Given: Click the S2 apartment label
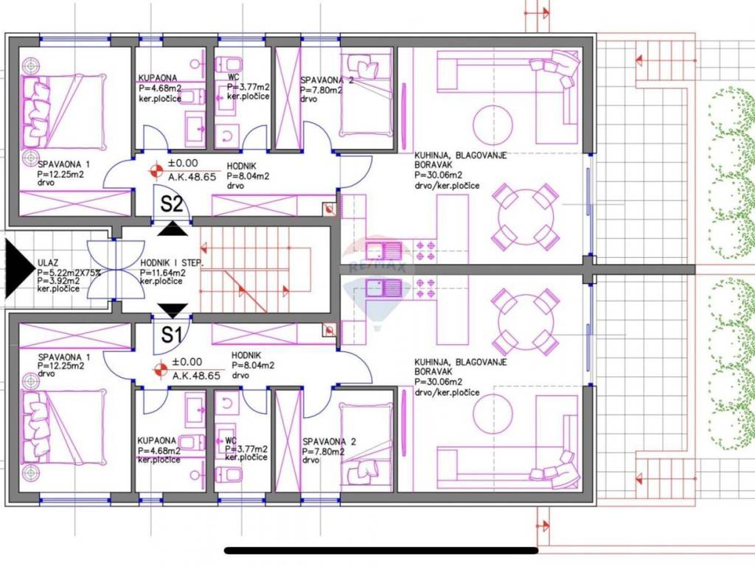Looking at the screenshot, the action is tap(171, 204).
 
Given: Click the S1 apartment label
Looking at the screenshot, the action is tap(171, 335).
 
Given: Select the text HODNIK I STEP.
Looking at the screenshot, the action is tap(172, 263).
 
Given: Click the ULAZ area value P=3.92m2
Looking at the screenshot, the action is tap(59, 281).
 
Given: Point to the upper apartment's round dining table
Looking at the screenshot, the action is tap(524, 216).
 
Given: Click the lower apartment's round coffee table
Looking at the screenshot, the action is tap(493, 413).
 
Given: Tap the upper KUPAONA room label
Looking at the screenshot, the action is tap(158, 77).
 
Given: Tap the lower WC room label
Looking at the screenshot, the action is tap(231, 441).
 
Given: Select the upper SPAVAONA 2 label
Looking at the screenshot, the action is tap(327, 80).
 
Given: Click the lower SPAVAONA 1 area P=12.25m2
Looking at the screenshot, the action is tap(60, 366).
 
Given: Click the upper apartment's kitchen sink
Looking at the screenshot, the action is tap(383, 251).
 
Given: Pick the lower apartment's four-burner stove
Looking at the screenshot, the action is tap(425, 287).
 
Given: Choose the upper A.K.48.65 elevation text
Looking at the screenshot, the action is tap(192, 177).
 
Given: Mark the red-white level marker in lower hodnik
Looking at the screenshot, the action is tap(160, 370).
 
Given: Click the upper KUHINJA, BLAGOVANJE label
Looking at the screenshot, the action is tap(460, 156).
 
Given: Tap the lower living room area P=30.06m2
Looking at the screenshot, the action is tap(438, 382).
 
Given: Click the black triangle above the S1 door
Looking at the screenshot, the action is tap(173, 310).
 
